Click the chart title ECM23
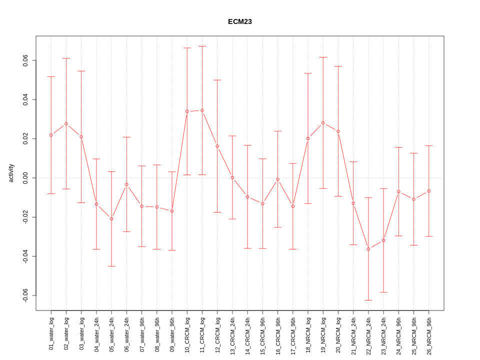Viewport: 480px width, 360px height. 239,21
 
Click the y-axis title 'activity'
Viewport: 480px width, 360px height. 11,173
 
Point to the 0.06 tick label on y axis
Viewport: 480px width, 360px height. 25,60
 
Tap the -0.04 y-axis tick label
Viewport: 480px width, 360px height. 25,256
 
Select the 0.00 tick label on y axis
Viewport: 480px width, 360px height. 25,178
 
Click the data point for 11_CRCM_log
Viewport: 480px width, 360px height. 202,110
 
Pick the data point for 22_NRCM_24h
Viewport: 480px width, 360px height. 368,248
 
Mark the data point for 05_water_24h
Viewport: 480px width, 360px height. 111,218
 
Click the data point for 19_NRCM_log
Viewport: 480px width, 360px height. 323,122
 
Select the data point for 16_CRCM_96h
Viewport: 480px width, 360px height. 277,179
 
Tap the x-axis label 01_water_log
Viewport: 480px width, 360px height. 51,333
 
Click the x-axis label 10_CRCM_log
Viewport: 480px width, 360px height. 187,333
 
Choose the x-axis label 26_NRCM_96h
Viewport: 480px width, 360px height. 429,333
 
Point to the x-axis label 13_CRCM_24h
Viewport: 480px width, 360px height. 232,333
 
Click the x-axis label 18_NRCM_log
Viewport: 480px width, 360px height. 308,333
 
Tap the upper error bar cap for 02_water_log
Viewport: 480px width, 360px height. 66,58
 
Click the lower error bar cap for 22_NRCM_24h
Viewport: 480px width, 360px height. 368,300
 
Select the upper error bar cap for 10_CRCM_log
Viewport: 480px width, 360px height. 187,48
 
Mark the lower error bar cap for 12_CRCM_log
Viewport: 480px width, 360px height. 217,212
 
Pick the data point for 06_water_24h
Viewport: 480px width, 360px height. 126,184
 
